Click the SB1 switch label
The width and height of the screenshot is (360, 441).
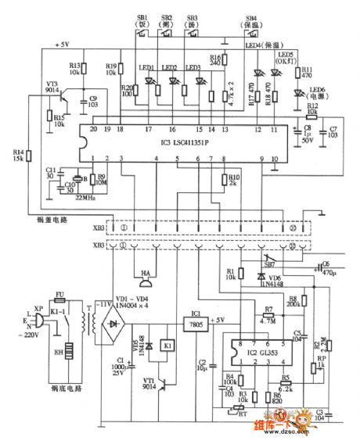point(142,19)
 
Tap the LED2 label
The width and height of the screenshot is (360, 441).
point(171,69)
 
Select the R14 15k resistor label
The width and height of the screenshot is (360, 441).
point(18,156)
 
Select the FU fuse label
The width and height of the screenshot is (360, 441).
point(59,296)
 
